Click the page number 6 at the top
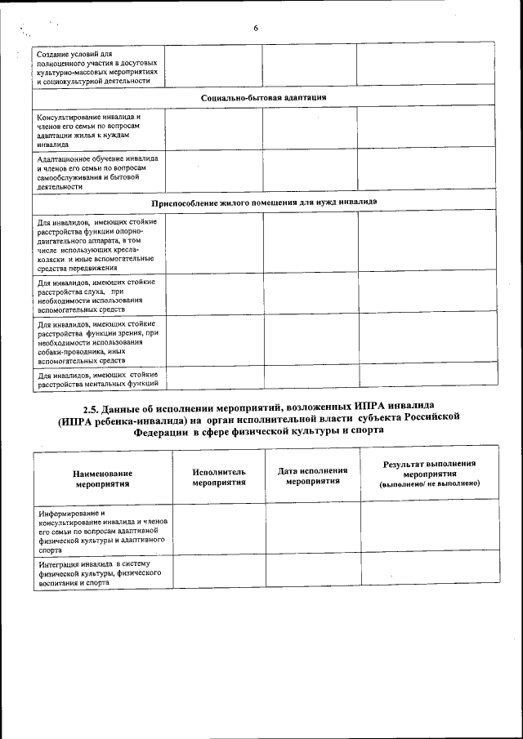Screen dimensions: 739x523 coord(256,28)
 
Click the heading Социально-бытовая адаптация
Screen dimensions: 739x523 coord(264,98)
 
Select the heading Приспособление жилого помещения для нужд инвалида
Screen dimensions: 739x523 coord(264,202)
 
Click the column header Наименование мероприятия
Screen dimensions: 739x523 coord(102,478)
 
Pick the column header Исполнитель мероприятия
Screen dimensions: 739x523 coord(219,477)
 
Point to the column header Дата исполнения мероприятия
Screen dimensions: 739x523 coord(313,475)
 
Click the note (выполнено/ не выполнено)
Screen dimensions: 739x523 coord(430,484)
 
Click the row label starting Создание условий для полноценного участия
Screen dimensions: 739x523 coord(97,67)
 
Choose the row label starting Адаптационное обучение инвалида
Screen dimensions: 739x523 coord(97,171)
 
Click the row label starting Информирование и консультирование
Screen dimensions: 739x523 coord(102,532)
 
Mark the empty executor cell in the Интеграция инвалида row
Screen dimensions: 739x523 coord(219,571)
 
